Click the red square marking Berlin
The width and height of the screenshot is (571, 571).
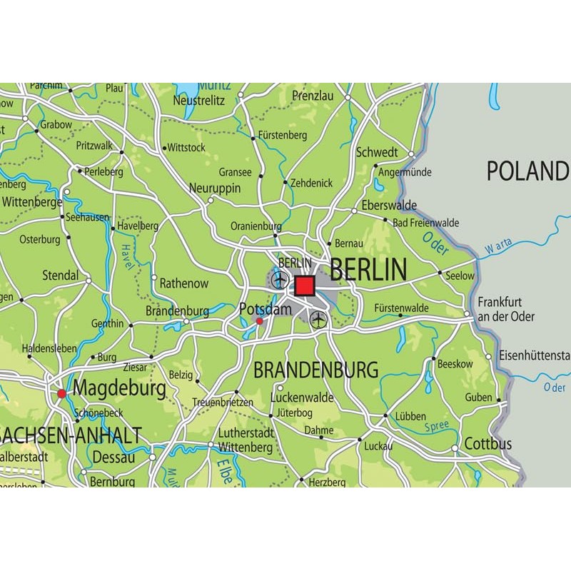click(305, 285)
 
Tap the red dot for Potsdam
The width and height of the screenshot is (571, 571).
click(259, 321)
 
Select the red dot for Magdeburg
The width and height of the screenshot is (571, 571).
click(62, 393)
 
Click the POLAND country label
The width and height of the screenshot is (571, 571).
click(527, 171)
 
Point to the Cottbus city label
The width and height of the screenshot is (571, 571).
click(488, 444)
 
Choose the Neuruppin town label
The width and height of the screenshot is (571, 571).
click(215, 188)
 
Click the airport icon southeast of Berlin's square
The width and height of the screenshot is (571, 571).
click(318, 318)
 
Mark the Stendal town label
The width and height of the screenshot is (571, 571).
click(60, 275)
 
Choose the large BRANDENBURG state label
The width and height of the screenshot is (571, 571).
click(315, 370)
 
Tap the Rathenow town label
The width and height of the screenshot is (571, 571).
click(183, 283)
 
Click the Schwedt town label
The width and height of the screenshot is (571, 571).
click(377, 152)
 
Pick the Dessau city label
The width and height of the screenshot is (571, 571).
click(114, 458)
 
